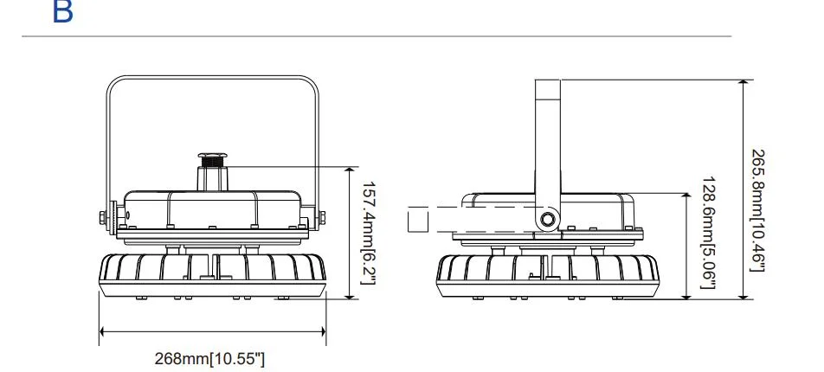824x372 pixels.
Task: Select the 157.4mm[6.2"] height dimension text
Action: coord(367,232)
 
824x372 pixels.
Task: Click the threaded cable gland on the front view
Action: coord(212,161)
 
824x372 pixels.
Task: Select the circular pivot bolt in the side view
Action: coord(547,220)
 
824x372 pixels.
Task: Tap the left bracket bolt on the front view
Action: coord(101,217)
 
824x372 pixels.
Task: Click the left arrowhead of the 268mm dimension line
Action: coord(104,330)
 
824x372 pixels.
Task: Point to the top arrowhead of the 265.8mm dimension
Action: coord(743,84)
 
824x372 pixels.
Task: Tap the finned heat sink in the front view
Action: coord(212,273)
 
